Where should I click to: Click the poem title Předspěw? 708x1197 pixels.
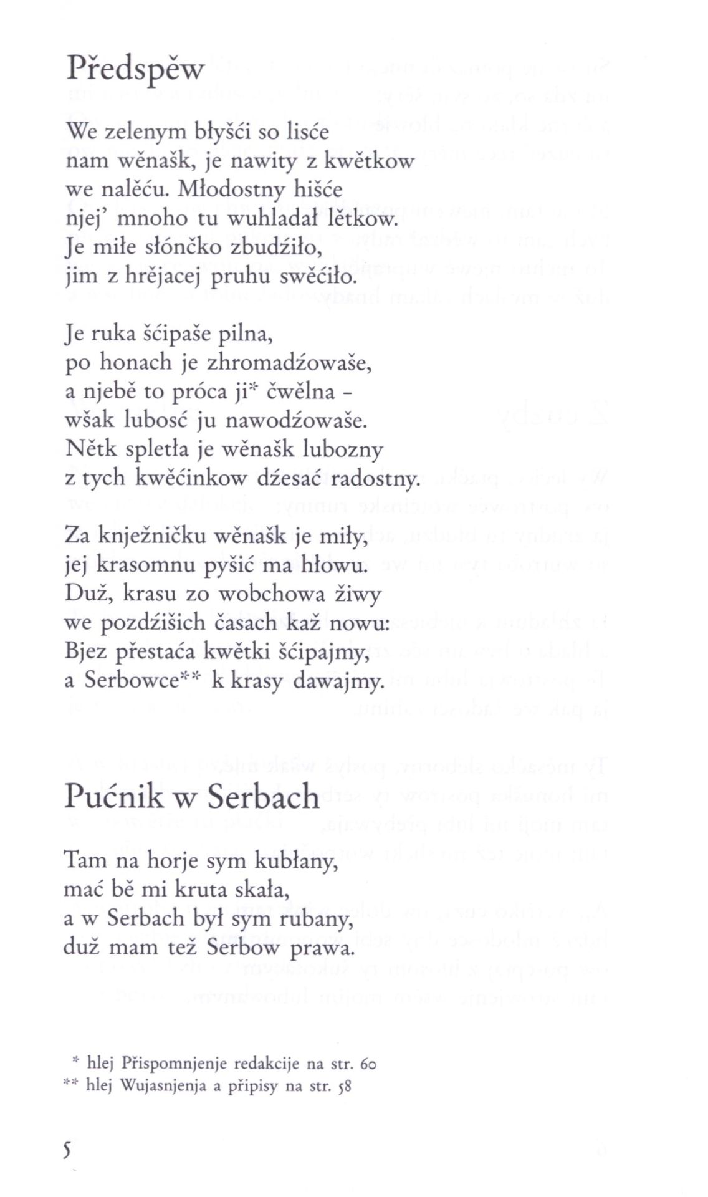coord(135,69)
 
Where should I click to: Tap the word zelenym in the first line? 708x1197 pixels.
coord(144,132)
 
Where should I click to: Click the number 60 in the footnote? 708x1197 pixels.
coord(368,1063)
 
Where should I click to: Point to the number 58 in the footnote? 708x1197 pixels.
coord(344,1086)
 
